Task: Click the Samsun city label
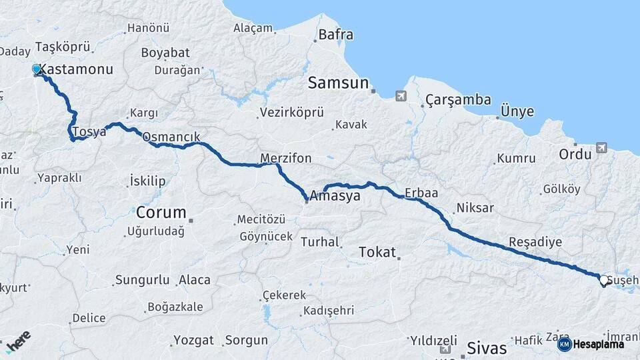338,83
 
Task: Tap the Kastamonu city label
76,69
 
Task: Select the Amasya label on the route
335,197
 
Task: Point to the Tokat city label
377,252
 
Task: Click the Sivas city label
487,347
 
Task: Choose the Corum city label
161,213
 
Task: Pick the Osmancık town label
171,137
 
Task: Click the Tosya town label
89,131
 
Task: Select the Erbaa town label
421,193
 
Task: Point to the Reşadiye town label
535,241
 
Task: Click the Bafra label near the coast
336,35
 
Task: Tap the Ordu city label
575,154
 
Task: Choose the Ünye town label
517,111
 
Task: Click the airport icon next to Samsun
399,96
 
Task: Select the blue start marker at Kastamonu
37,69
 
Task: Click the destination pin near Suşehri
603,281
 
